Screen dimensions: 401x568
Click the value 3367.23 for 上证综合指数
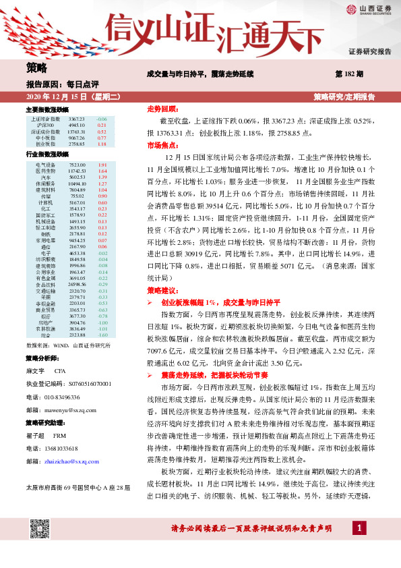tap(78, 119)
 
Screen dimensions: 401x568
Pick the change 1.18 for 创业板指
tap(102, 144)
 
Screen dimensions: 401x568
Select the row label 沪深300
tap(46, 125)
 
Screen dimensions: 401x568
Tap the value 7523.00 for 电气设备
tap(78, 165)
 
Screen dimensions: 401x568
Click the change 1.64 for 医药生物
tap(102, 171)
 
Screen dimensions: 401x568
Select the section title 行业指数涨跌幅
tap(47, 154)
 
